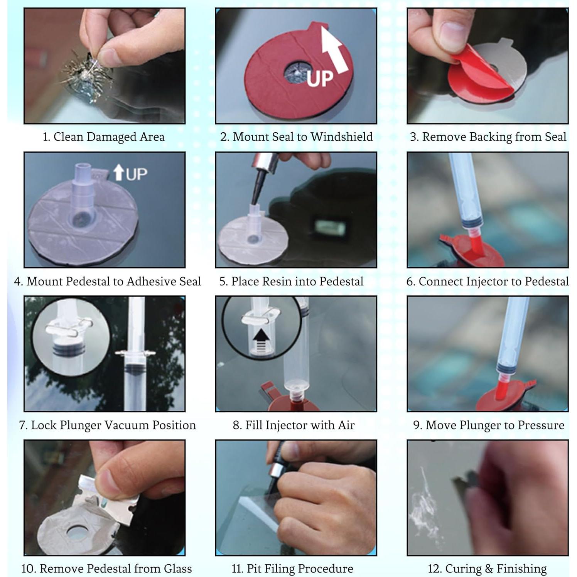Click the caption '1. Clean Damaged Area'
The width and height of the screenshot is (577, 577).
pyautogui.click(x=103, y=137)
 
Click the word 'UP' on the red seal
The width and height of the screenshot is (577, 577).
pyautogui.click(x=320, y=79)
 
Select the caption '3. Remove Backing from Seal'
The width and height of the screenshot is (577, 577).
pyautogui.click(x=488, y=137)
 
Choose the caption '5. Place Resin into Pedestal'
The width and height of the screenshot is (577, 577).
pyautogui.click(x=291, y=282)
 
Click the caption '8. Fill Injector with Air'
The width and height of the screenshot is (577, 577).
pyautogui.click(x=294, y=425)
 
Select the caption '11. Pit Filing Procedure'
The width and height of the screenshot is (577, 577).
pyautogui.click(x=292, y=569)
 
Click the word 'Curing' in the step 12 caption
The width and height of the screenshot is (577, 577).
pyautogui.click(x=463, y=569)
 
